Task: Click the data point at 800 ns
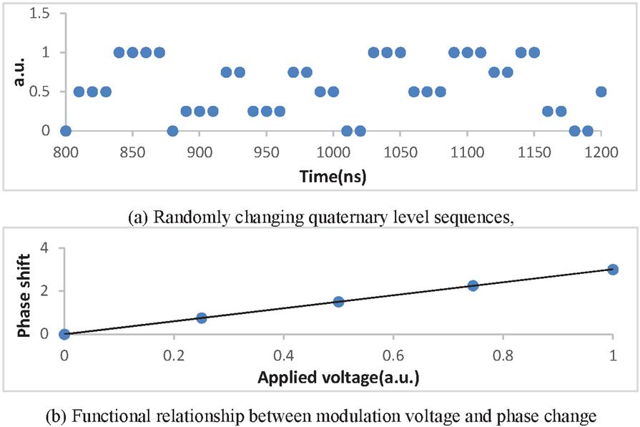[66, 131]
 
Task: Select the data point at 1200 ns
[601, 92]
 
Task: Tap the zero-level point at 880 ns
[172, 131]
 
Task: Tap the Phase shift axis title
[24, 293]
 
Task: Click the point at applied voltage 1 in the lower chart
[613, 269]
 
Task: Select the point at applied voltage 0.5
[338, 301]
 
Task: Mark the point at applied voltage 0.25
[202, 318]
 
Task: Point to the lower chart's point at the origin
[64, 333]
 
